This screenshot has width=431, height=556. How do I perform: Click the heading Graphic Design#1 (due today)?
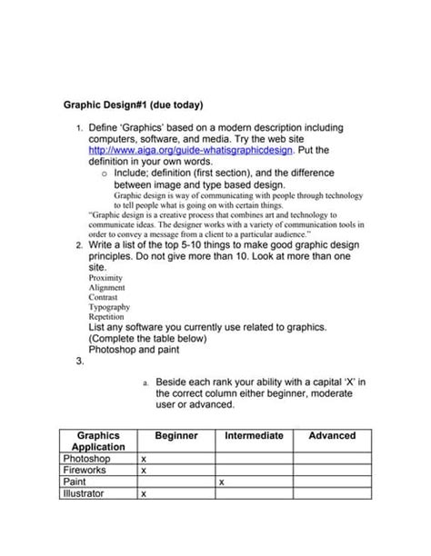point(133,104)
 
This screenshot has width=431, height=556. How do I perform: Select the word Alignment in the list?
point(106,287)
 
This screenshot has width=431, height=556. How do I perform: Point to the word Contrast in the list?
point(105,297)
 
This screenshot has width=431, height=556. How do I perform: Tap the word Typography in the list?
point(109,307)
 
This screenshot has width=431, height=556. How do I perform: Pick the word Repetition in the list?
point(106,317)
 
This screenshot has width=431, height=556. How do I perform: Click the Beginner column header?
point(175,436)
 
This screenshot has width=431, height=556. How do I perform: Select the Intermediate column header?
point(254,436)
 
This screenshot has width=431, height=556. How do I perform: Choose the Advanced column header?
point(332,436)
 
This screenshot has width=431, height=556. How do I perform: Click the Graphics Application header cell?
point(98,442)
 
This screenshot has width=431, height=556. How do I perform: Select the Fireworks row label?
point(84,472)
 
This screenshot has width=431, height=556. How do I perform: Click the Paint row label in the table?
point(75,483)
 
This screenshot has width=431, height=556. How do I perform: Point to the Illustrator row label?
point(83,495)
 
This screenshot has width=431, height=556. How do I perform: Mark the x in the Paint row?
point(222,483)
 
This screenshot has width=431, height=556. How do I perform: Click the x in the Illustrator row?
point(144,495)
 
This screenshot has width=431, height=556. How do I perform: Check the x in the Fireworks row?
point(144,472)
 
